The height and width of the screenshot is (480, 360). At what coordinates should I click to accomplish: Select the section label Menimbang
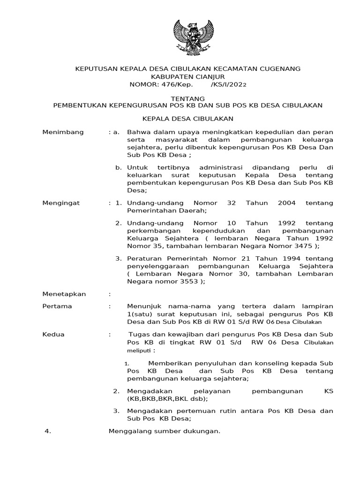point(63,132)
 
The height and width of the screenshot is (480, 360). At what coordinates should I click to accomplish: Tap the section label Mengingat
point(61,203)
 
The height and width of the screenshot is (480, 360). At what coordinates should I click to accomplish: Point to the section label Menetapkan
point(64,294)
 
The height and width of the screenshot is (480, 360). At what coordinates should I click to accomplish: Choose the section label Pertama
point(57,306)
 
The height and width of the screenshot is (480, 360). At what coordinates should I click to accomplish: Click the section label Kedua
point(53,334)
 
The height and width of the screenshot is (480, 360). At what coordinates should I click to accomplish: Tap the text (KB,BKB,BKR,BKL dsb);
point(167,399)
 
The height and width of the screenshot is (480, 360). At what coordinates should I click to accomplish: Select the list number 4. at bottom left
point(47,431)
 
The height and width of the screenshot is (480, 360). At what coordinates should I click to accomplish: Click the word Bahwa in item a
point(137,132)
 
